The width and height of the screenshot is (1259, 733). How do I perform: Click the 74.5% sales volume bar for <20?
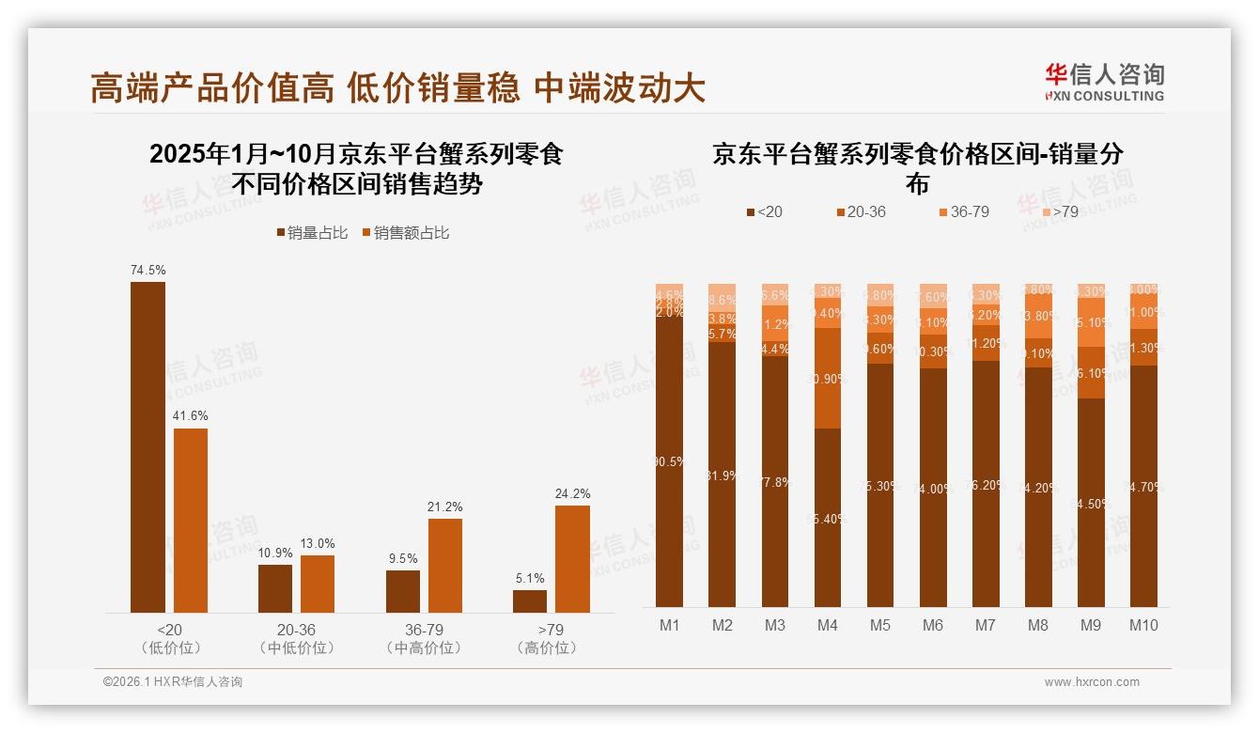coord(148,447)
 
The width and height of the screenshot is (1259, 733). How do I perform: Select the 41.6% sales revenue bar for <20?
coord(191,521)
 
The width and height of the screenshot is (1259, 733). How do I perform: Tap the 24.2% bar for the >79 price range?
coord(572,559)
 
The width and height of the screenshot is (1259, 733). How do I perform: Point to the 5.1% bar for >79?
coord(530,601)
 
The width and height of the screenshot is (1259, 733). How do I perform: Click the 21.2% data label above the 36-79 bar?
coord(445,507)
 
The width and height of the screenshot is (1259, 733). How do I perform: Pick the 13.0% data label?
coord(318,544)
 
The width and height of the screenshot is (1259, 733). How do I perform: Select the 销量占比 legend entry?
coord(312,232)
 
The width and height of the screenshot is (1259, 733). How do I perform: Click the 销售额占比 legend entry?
coord(405,232)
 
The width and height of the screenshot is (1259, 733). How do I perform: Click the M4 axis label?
coord(828,626)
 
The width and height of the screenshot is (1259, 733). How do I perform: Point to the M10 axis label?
coord(1143,626)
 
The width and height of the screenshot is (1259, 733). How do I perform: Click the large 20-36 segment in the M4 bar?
coord(828,378)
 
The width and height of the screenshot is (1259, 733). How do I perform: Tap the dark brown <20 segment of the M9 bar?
coord(1091,503)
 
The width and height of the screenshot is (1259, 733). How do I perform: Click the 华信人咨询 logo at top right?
coord(1104,82)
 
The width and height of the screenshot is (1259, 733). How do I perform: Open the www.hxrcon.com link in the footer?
coord(1092,682)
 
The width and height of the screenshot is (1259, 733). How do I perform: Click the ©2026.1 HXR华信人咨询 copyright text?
coord(173,682)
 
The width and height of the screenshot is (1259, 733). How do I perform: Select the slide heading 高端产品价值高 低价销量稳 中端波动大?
coord(397,87)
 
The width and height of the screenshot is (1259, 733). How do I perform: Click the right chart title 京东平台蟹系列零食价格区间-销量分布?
coord(917,167)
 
